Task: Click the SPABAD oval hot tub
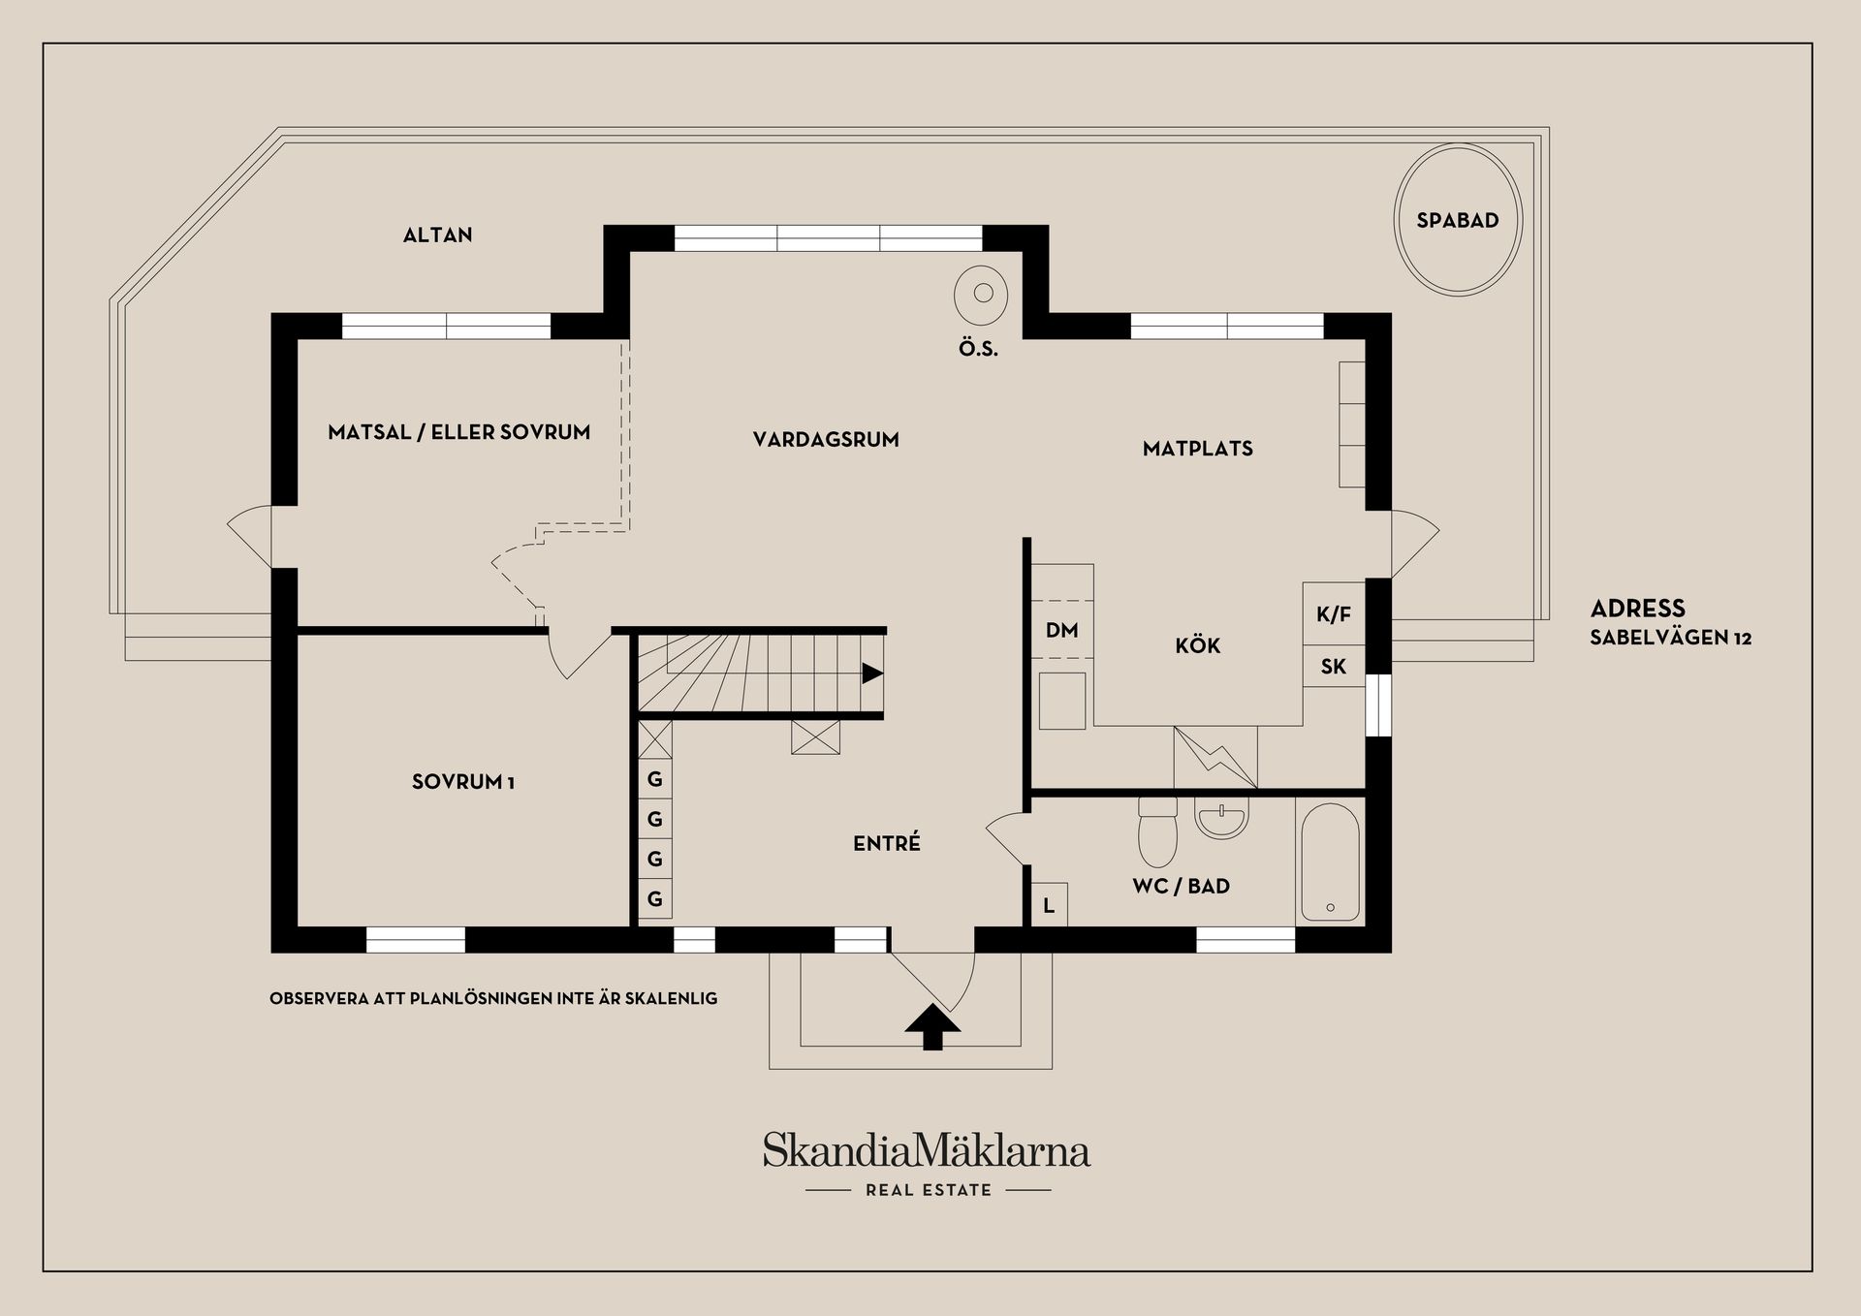1457,220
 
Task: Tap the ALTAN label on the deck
437,235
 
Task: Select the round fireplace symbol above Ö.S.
981,294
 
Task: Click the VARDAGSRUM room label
826,440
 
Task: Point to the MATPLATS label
1197,449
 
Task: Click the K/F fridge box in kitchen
1333,614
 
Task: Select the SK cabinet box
1333,667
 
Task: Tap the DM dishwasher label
1061,631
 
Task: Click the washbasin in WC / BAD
1221,819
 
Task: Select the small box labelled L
1048,906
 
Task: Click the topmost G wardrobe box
655,779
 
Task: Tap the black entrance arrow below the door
931,1027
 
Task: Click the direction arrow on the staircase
871,673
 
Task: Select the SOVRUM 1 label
462,782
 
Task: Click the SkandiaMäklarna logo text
926,1150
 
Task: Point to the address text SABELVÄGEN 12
1670,638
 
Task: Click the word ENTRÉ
886,844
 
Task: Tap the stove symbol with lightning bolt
1215,757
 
